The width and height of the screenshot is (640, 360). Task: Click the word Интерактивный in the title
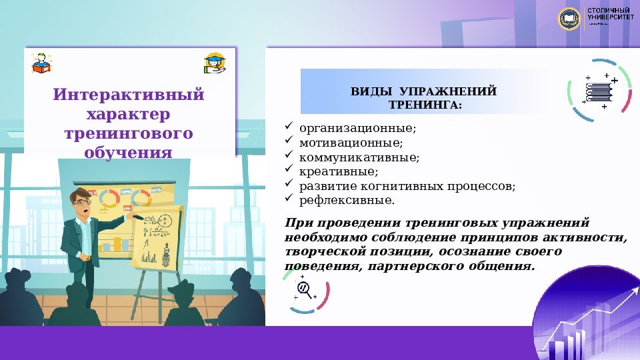[x=129, y=95]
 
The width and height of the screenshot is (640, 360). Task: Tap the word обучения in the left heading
[x=129, y=153]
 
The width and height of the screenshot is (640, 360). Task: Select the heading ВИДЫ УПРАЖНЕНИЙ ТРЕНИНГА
[x=424, y=98]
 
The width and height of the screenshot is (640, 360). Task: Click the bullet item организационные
[x=358, y=127]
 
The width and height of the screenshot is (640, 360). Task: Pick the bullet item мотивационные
[x=351, y=143]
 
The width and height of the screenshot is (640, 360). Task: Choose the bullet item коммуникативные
[x=359, y=157]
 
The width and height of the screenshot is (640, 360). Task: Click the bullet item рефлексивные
[x=347, y=200]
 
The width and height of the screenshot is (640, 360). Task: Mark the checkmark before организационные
[x=289, y=126]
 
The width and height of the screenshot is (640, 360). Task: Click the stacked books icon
[x=599, y=90]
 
